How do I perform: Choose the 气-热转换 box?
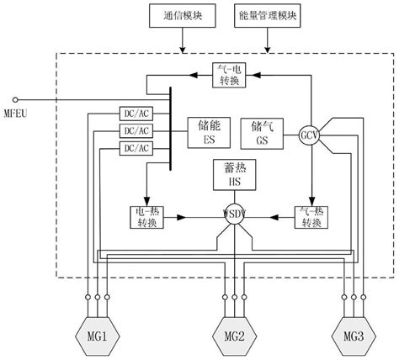[311, 215]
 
